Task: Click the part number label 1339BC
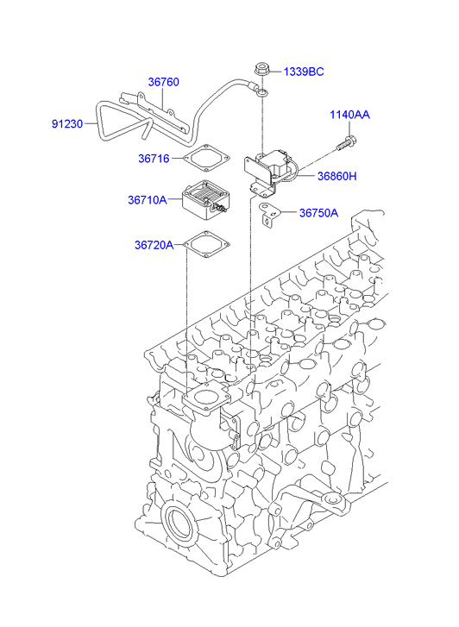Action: point(304,72)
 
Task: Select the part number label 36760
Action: point(164,82)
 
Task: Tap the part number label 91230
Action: point(67,124)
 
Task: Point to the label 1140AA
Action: point(349,115)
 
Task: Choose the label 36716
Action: point(154,159)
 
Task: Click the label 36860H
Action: point(337,176)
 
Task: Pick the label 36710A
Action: point(148,200)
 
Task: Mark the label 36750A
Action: point(319,213)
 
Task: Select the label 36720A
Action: point(154,245)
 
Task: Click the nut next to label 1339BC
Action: point(261,69)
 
